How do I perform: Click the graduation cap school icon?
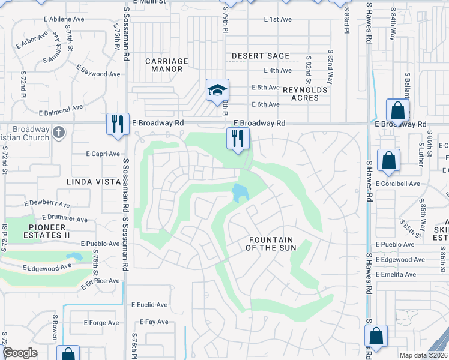click(217, 90)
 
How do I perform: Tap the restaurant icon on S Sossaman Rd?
click(117, 124)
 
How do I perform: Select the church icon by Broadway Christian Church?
click(58, 131)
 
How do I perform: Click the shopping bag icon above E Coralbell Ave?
click(388, 160)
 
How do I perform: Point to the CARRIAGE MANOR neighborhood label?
click(167, 65)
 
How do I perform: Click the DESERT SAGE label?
click(261, 56)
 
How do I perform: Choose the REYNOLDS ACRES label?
click(306, 94)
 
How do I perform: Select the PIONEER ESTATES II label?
click(46, 231)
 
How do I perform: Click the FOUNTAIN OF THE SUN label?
click(272, 244)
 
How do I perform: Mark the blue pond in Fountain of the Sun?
click(240, 193)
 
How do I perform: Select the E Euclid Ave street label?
click(149, 305)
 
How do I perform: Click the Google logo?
click(20, 353)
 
